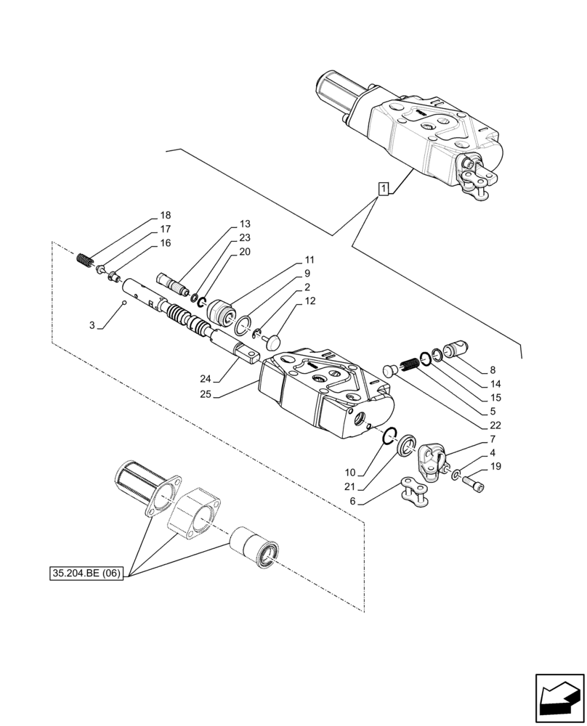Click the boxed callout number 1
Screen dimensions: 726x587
(x=384, y=189)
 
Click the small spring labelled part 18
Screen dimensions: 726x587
(x=84, y=258)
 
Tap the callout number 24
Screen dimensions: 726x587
(x=206, y=378)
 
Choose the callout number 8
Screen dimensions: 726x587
(x=493, y=370)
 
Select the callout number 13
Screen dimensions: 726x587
(x=244, y=224)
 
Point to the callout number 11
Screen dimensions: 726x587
(x=309, y=260)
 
